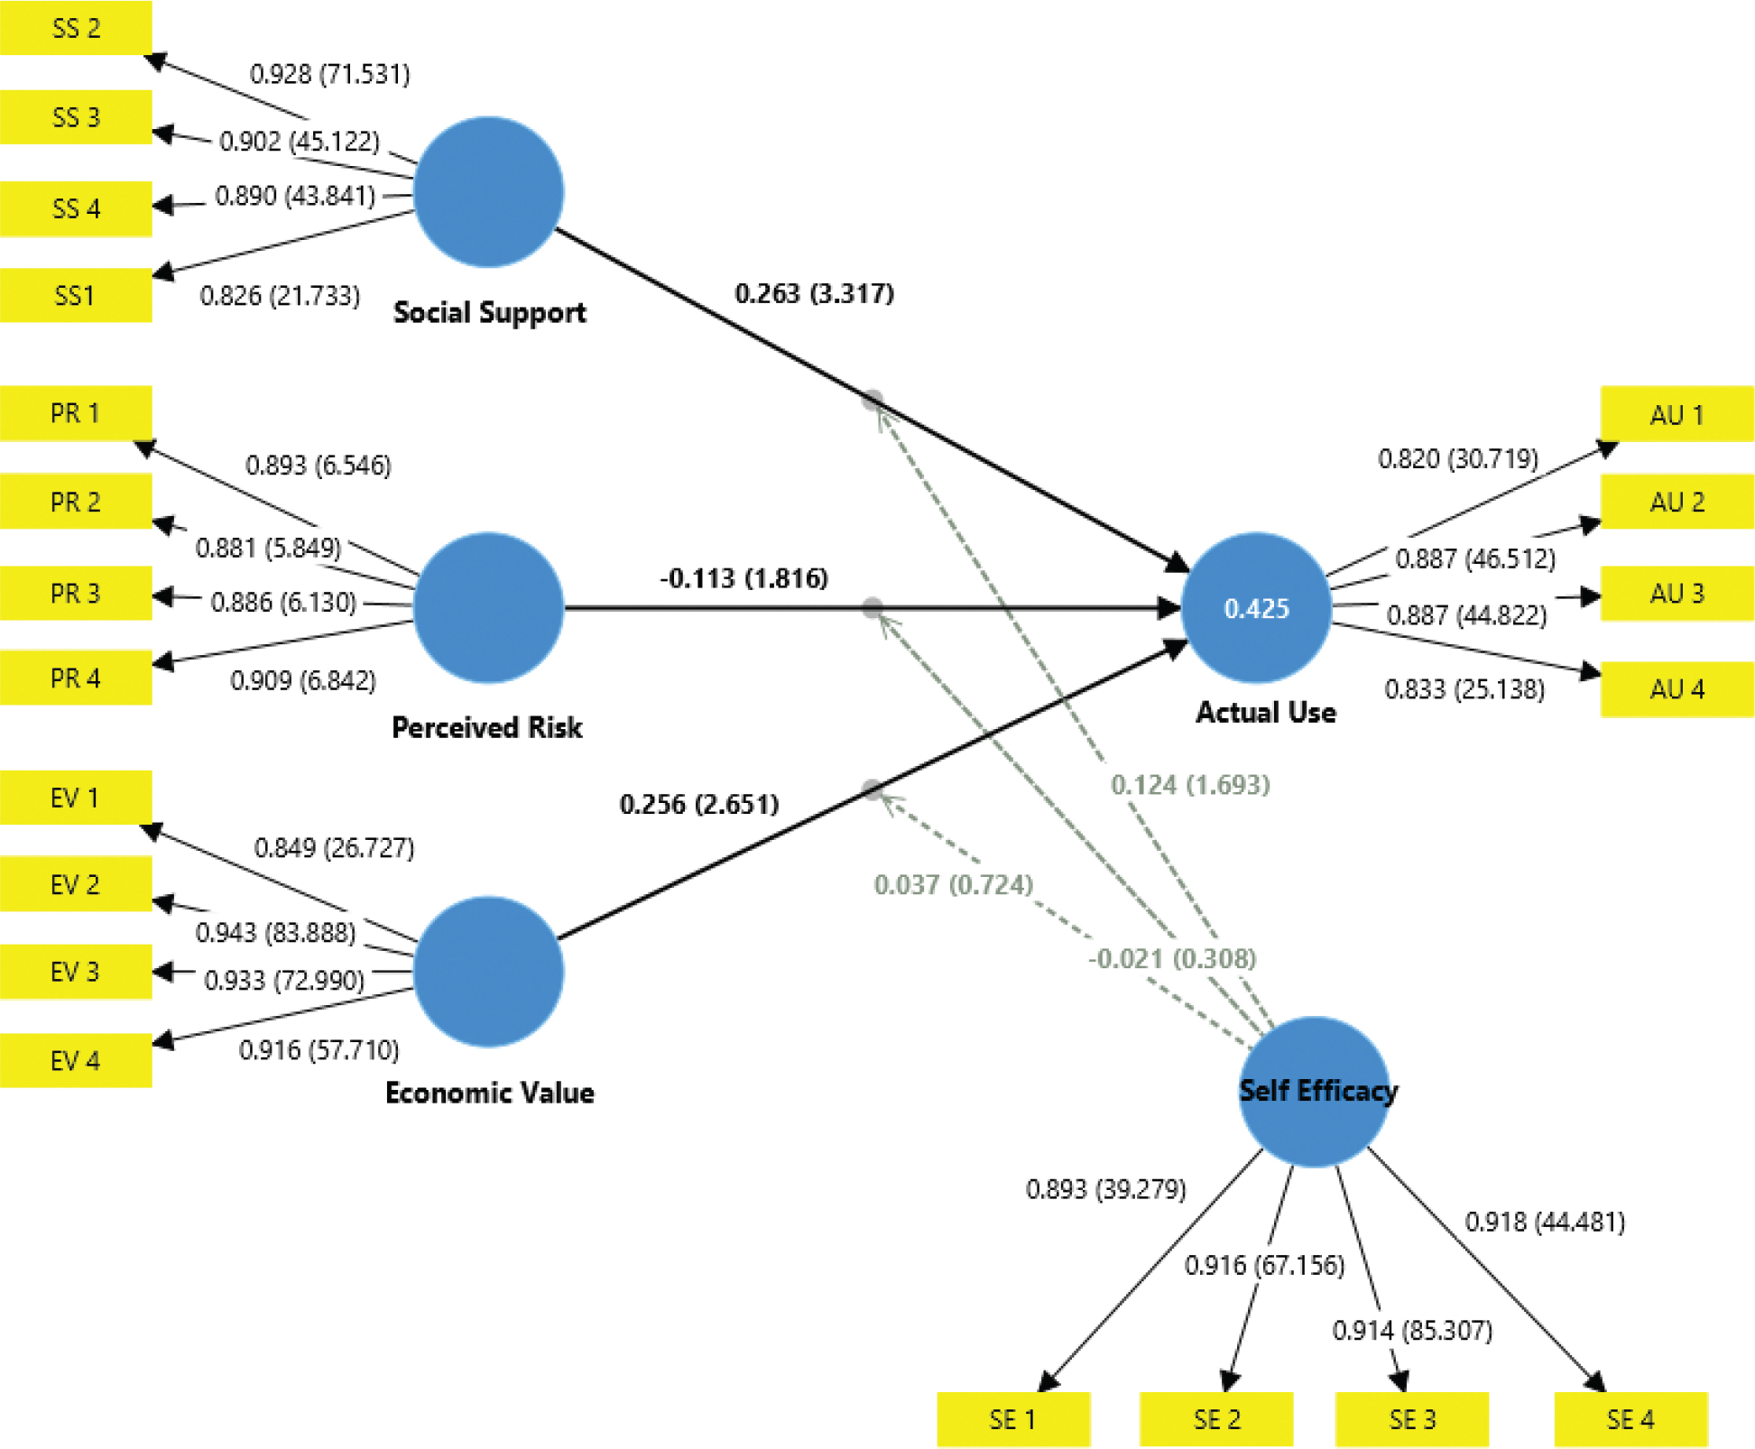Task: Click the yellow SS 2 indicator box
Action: click(76, 28)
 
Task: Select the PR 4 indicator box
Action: click(76, 678)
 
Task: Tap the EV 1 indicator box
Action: click(76, 798)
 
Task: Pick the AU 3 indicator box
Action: click(1676, 594)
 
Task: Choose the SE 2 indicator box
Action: click(1215, 1419)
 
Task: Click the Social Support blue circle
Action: click(488, 192)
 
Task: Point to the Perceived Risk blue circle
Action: click(488, 607)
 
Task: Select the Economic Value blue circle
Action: click(488, 972)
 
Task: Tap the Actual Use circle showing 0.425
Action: click(1256, 607)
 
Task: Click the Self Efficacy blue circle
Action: click(1314, 1092)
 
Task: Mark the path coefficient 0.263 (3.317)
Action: click(814, 293)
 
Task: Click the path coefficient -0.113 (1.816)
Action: click(744, 577)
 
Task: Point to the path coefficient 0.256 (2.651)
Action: click(698, 804)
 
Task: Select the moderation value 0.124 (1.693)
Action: click(1190, 785)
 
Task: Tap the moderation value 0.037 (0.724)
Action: click(953, 884)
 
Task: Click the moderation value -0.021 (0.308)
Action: click(1171, 958)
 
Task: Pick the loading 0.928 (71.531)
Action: click(329, 74)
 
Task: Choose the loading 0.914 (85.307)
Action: click(1412, 1330)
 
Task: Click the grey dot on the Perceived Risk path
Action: click(872, 607)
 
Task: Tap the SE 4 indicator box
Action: click(1630, 1419)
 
